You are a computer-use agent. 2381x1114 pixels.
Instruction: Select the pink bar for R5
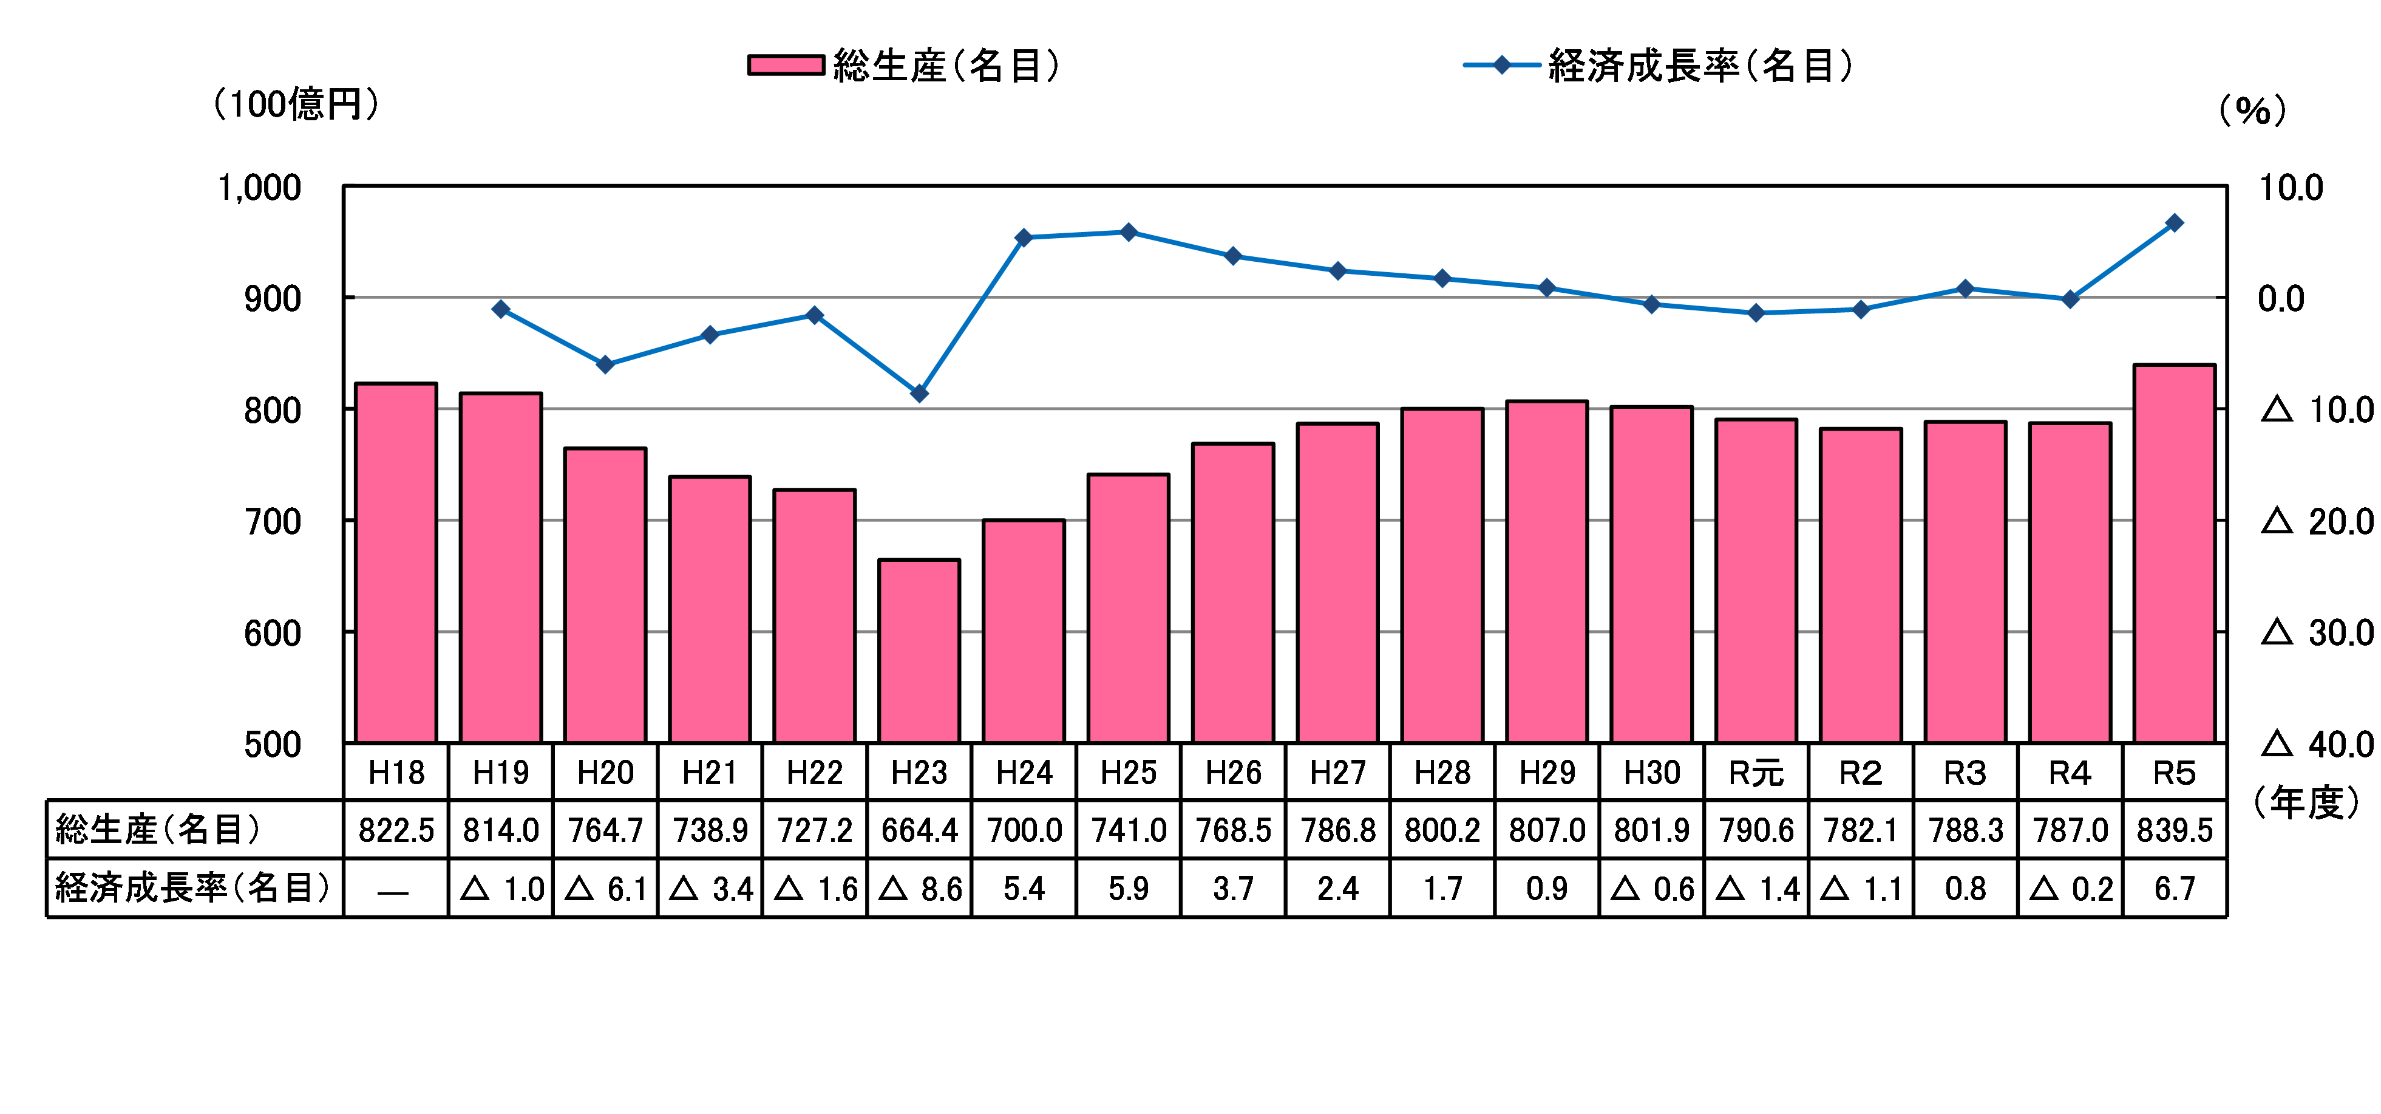click(2174, 554)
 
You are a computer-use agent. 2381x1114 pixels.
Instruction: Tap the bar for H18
click(396, 563)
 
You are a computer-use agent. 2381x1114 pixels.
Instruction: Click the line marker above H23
click(919, 394)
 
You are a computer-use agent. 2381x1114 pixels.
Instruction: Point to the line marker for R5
click(2174, 223)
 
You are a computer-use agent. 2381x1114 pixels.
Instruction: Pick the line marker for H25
click(1129, 232)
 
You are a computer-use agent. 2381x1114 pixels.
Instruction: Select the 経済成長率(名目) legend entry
click(1659, 66)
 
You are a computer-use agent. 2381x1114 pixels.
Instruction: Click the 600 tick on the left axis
click(272, 634)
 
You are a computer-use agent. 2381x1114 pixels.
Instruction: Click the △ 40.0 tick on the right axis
click(2316, 744)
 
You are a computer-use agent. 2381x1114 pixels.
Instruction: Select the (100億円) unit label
click(296, 103)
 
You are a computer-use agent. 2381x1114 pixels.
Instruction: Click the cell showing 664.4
click(919, 830)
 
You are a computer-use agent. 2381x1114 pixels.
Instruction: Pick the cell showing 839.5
click(2174, 830)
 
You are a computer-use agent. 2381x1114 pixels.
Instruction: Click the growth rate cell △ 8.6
click(919, 889)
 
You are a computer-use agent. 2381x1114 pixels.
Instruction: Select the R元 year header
click(1756, 773)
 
